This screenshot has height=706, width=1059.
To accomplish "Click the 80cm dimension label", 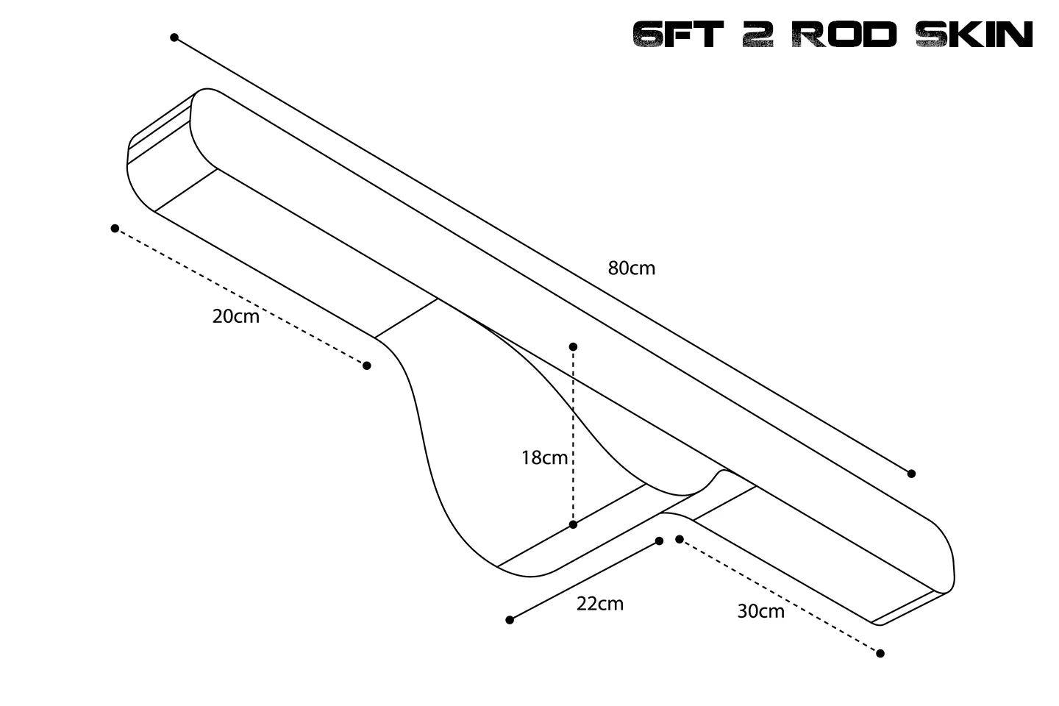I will click(631, 268).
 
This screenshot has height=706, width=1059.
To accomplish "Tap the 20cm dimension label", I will click(235, 317).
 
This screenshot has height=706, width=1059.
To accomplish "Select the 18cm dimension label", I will click(544, 458).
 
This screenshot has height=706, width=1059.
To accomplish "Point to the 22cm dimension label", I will click(599, 604).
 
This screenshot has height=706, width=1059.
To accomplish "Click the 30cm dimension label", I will click(760, 611).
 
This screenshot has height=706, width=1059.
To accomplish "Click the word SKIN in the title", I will click(974, 35).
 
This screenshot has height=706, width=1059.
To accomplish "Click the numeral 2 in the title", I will click(757, 35).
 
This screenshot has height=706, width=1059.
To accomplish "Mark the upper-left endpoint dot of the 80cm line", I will click(174, 38).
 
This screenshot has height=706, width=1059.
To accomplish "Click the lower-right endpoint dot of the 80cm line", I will click(911, 474).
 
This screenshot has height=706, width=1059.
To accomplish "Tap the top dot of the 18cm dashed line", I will click(573, 346).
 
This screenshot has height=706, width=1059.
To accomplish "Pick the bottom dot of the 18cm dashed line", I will click(573, 524).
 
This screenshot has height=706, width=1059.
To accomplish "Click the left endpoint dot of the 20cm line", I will click(115, 229).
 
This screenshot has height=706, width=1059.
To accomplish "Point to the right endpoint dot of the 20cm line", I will click(367, 366).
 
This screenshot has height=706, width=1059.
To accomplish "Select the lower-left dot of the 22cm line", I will click(510, 620).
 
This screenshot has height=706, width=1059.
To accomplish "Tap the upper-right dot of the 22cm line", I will click(659, 541).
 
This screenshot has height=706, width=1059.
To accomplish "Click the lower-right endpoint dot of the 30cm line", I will click(880, 653).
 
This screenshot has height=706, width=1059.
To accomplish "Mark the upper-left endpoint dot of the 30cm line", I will click(680, 539).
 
